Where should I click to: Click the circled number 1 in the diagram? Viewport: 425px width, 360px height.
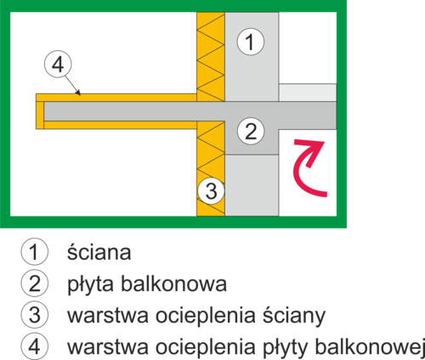[251, 42]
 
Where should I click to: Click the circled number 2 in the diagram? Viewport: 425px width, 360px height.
[251, 131]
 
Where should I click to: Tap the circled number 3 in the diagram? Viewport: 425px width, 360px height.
[212, 191]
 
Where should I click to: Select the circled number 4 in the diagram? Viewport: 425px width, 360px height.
[58, 65]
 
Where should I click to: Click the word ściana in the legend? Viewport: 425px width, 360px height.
[99, 252]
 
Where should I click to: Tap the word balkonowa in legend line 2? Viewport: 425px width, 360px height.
[174, 284]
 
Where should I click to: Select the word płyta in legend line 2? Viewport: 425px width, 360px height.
[91, 284]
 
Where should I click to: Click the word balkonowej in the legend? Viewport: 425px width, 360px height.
[370, 346]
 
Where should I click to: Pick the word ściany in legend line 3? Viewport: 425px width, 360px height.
[294, 316]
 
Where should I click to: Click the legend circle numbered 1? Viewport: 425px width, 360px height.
[35, 251]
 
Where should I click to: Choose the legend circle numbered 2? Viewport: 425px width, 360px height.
[35, 283]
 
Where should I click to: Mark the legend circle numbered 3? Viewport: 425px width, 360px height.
[35, 314]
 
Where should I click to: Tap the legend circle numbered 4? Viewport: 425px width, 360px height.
[35, 346]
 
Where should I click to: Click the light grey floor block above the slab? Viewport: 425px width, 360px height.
[308, 93]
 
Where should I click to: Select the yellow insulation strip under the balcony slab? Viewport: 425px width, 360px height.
[121, 125]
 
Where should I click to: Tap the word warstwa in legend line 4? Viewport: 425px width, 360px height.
[108, 346]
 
